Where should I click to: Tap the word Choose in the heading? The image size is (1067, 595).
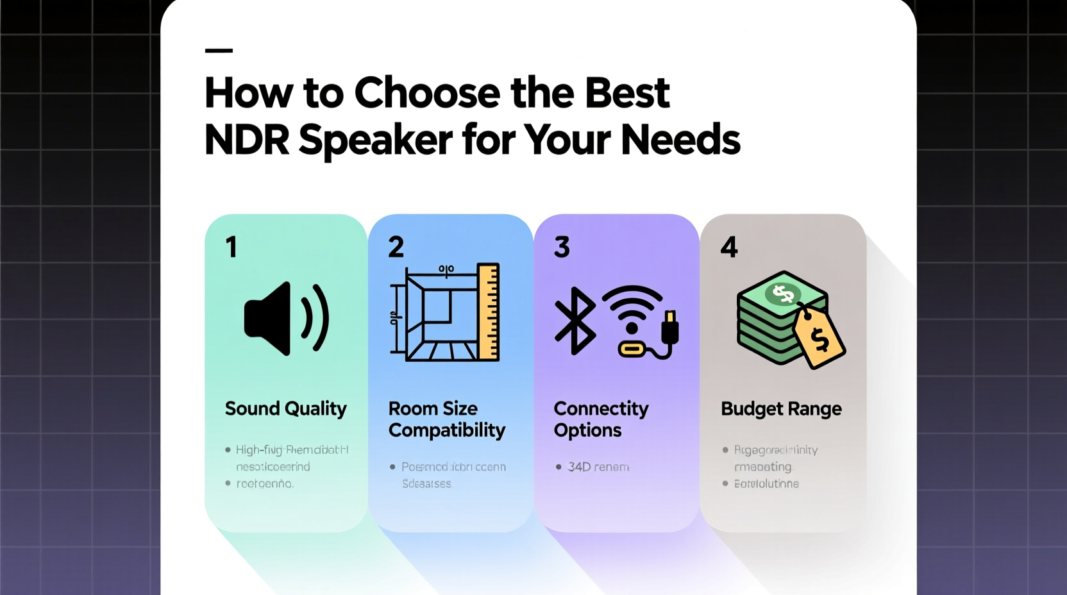tap(427, 93)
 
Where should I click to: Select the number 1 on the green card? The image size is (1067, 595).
tap(231, 247)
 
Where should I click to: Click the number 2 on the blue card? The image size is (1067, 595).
tap(396, 247)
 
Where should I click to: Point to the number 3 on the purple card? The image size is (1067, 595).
tap(562, 247)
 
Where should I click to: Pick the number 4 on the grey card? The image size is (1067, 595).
tap(729, 247)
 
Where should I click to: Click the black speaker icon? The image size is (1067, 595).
tap(286, 319)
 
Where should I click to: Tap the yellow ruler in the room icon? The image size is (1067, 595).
tap(489, 312)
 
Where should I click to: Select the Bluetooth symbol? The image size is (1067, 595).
tap(575, 321)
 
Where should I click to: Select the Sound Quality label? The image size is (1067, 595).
tap(285, 408)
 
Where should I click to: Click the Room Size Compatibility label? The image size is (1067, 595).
tap(446, 419)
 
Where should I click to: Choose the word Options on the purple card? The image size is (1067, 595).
tap(587, 430)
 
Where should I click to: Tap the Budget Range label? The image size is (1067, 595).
tap(781, 408)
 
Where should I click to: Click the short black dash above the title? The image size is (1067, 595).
tap(219, 51)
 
